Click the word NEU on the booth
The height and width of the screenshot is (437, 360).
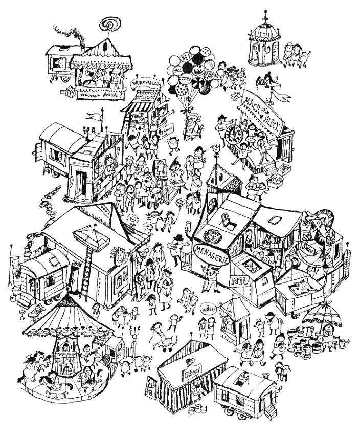(x=236, y=281)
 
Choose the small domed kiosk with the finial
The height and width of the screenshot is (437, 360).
(x=264, y=46)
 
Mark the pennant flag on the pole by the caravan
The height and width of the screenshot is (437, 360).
(x=92, y=117)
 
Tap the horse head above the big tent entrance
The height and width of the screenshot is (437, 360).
(x=119, y=252)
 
